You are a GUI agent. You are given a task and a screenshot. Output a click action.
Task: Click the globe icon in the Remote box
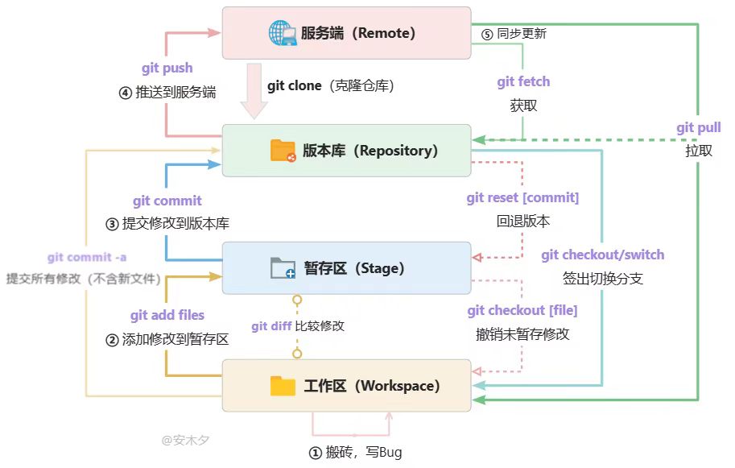click(x=283, y=33)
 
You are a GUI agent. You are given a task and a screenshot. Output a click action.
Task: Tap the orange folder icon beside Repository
click(x=283, y=151)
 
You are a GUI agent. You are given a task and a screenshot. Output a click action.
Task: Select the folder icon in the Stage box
click(x=283, y=267)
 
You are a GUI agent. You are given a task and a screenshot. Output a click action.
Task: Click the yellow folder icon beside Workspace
click(x=283, y=386)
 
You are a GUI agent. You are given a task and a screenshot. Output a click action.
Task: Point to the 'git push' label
click(x=167, y=68)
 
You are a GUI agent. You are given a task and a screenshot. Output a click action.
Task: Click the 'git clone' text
click(x=295, y=86)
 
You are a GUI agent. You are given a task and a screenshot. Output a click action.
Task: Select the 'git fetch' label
click(x=523, y=81)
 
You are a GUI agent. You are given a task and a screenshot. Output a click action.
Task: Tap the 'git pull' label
click(x=699, y=127)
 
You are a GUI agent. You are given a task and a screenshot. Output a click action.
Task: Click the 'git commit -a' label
click(x=87, y=257)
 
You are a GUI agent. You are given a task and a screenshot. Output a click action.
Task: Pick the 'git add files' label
click(x=167, y=315)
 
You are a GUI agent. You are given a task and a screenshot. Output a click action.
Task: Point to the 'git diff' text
click(x=271, y=326)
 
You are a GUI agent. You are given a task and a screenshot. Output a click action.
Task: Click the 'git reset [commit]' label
click(x=522, y=198)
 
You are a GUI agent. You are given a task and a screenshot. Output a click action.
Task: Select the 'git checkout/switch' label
click(x=603, y=255)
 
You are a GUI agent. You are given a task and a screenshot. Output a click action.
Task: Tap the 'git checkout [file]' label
click(x=522, y=310)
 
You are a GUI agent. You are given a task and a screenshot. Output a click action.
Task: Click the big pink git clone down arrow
click(x=254, y=91)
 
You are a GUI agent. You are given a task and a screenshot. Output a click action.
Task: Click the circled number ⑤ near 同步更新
click(x=488, y=34)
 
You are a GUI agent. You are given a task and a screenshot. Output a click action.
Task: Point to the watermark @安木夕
click(x=186, y=441)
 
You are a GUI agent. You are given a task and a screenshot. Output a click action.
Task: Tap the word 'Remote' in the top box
click(x=384, y=33)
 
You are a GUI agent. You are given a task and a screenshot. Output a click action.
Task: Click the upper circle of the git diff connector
click(x=297, y=299)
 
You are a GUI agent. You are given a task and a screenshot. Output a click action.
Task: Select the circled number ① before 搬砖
click(x=315, y=453)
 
